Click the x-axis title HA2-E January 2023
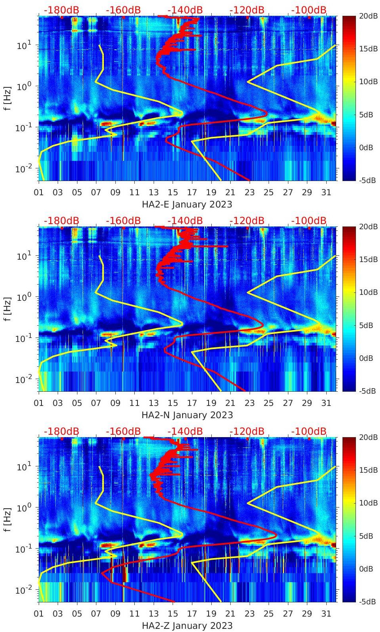click(x=187, y=204)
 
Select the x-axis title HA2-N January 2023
click(x=187, y=415)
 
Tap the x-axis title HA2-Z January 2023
click(x=187, y=626)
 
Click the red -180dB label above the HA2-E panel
click(x=61, y=10)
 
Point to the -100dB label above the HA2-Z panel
click(x=309, y=431)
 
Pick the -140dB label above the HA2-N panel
click(x=185, y=221)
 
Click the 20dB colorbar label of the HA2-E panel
click(x=367, y=16)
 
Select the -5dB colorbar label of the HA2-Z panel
click(x=367, y=602)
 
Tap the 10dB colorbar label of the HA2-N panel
click(x=367, y=292)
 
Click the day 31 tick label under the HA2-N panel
click(x=326, y=403)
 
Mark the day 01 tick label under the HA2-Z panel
click(x=39, y=614)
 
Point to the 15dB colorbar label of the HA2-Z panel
click(x=367, y=470)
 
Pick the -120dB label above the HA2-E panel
click(x=247, y=10)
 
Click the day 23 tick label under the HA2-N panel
click(x=249, y=403)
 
